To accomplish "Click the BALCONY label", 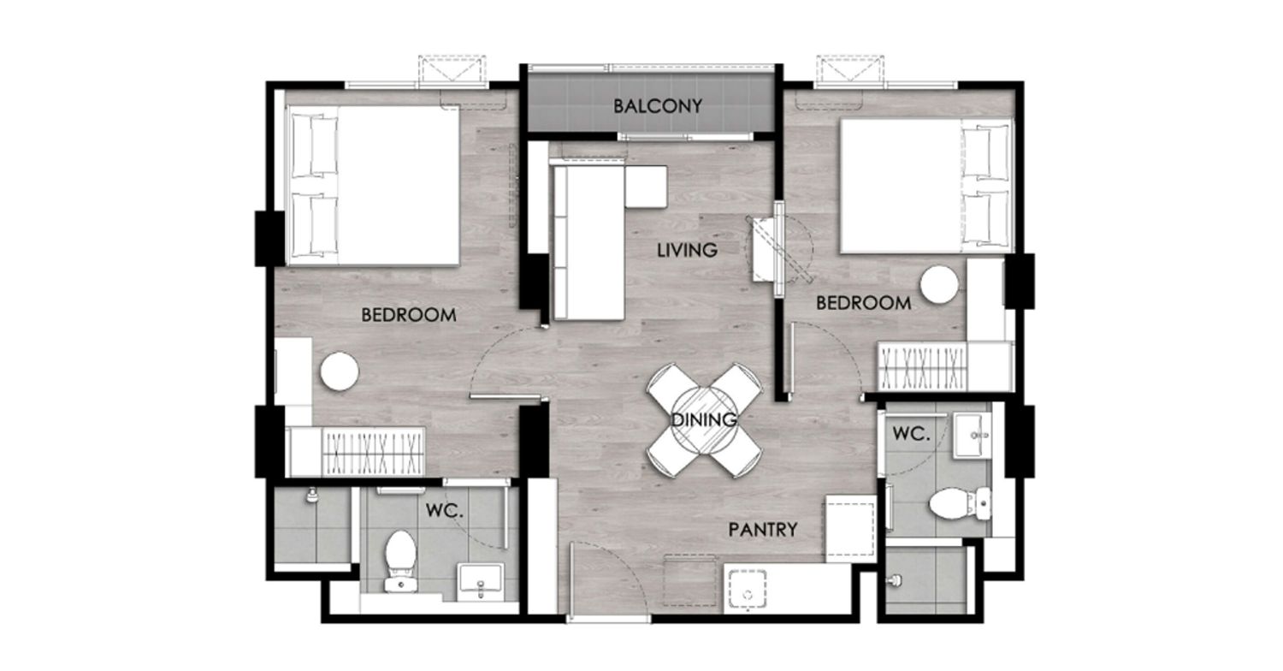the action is click(658, 106).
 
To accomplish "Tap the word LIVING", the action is click(687, 250).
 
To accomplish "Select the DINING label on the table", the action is click(704, 419).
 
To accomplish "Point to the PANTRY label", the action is click(762, 530).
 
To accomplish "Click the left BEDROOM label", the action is click(408, 315).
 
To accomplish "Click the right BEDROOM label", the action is click(863, 303).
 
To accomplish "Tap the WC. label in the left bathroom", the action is click(445, 510).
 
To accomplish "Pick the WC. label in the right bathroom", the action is click(911, 434).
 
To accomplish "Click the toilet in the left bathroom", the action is click(399, 561).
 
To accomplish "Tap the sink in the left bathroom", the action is click(480, 582).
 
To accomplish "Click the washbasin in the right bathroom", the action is click(972, 436).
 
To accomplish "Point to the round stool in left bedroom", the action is click(340, 371).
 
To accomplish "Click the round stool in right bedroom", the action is click(939, 285).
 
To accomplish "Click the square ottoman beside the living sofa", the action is click(646, 187).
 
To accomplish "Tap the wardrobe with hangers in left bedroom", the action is click(373, 452).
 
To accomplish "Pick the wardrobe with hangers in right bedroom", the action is click(922, 366).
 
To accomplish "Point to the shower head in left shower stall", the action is click(311, 495).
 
